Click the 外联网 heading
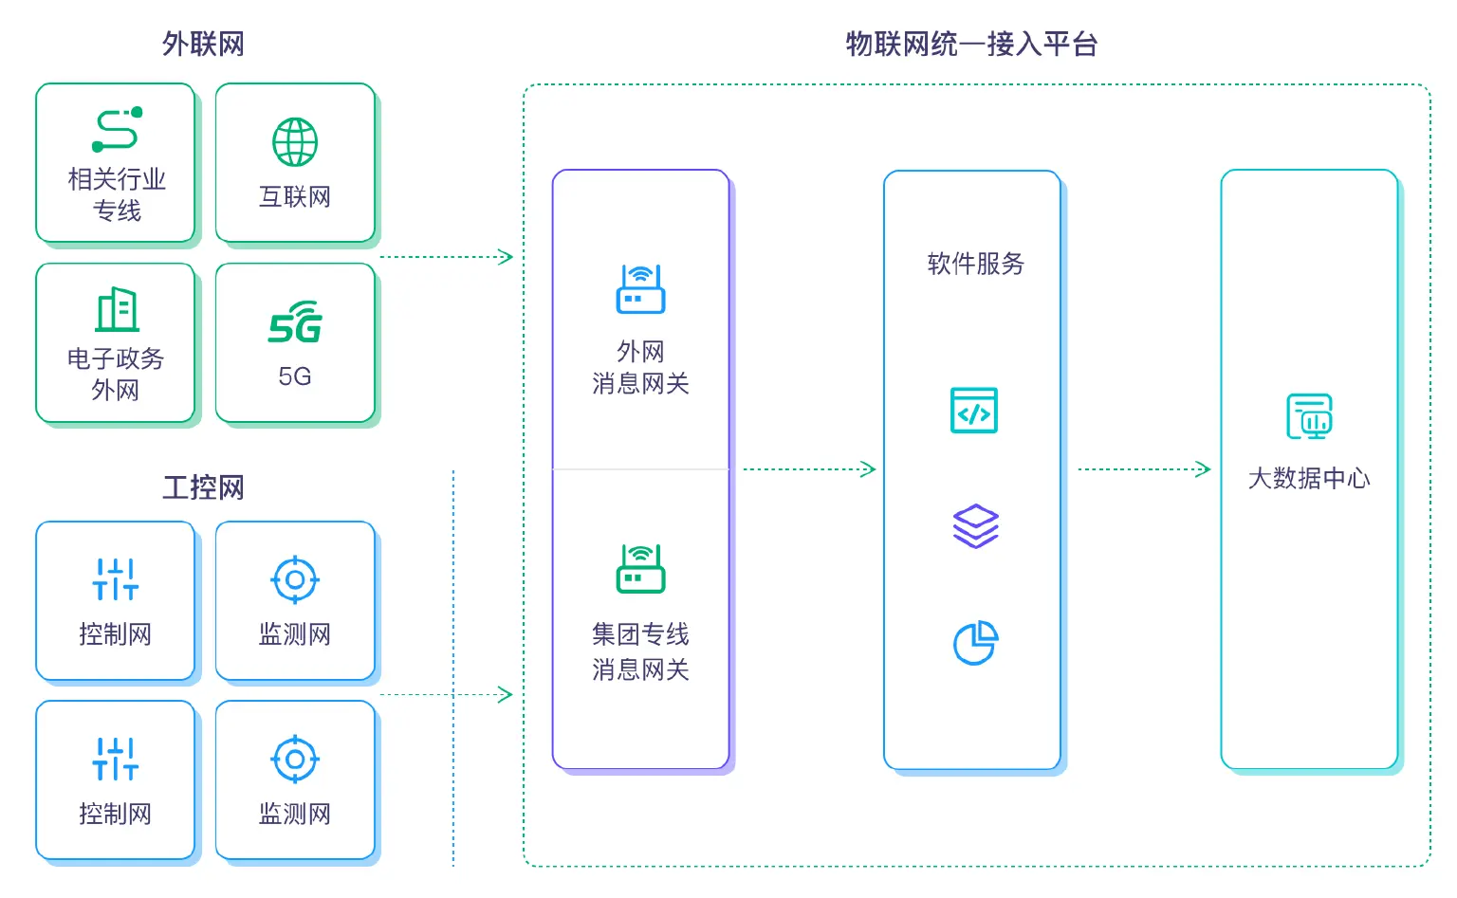coord(203,44)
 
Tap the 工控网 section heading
coord(203,487)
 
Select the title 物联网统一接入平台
coord(971,44)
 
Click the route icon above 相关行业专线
coord(117,130)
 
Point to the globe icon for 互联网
coord(295,142)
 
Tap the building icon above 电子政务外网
coord(117,309)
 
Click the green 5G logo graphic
coord(295,323)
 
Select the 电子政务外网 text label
coord(116,374)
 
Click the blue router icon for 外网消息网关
coord(640,289)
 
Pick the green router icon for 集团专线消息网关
coord(640,569)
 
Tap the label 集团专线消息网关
coord(640,651)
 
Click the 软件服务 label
coord(975,264)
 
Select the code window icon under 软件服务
coord(974,411)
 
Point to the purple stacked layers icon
coord(975,526)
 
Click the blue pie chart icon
coord(975,643)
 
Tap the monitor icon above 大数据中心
coord(1309,417)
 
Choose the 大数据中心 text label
coord(1309,478)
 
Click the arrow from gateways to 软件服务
coord(808,468)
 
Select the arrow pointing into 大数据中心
coord(1144,468)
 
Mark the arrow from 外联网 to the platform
coord(446,257)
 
